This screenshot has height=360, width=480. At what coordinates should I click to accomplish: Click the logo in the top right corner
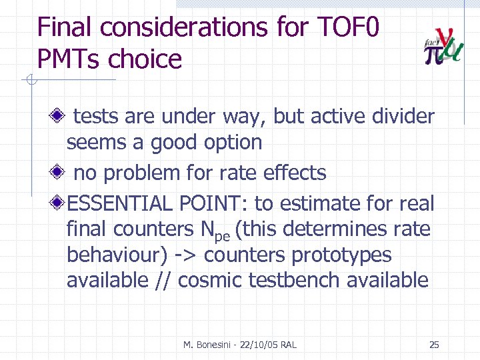443,47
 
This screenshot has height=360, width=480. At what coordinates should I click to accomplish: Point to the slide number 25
434,345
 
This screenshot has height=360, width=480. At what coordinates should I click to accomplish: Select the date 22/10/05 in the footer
257,345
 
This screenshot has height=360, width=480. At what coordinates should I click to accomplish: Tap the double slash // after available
163,281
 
